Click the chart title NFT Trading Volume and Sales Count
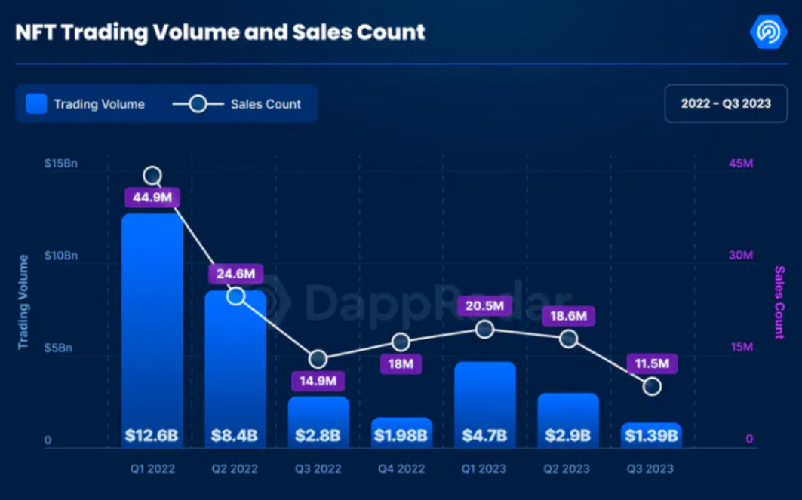click(220, 32)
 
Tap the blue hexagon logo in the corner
click(768, 32)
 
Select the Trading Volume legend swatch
click(36, 104)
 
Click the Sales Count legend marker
click(198, 104)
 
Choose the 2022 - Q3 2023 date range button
click(726, 103)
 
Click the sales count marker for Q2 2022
click(236, 296)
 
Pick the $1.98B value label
click(402, 435)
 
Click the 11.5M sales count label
click(652, 363)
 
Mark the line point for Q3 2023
click(653, 386)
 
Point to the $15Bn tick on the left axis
click(61, 164)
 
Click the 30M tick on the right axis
click(741, 256)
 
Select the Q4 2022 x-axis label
click(402, 468)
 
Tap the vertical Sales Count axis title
click(779, 302)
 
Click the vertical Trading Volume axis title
click(23, 302)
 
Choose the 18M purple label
click(401, 364)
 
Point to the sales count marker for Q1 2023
click(485, 329)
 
